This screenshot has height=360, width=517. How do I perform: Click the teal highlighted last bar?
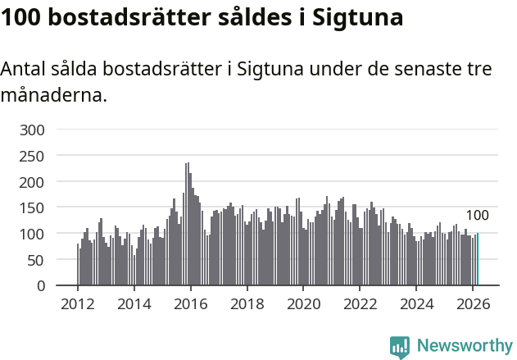478,259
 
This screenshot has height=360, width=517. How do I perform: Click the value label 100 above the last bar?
477,216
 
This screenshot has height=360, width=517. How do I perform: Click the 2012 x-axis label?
78,303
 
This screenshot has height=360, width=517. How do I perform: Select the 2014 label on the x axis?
134,303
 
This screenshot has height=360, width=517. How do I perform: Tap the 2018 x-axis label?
247,303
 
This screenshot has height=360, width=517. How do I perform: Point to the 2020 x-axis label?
303,303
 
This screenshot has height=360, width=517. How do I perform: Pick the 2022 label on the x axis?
360,303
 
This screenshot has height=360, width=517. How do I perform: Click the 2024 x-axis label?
416,303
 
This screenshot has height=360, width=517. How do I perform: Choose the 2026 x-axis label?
473,303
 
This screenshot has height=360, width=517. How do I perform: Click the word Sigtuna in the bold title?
356,18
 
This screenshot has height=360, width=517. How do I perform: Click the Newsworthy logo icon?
400,347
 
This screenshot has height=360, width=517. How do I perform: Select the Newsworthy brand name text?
465,346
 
